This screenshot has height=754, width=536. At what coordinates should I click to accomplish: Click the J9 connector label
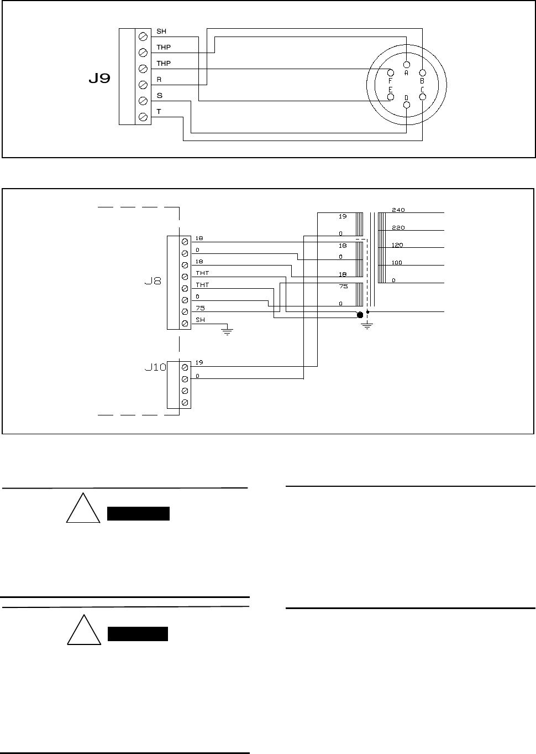click(99, 79)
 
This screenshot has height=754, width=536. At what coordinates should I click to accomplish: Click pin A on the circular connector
click(407, 64)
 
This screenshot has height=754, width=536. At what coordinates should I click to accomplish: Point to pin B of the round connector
click(423, 72)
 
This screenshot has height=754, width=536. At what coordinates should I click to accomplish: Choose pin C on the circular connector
click(423, 97)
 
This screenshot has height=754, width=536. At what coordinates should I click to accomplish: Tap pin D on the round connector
click(407, 105)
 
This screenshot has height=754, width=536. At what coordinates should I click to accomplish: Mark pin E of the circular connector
click(391, 97)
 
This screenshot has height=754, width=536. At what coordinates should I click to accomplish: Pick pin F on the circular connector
click(391, 72)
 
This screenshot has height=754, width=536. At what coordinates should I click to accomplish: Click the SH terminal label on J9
click(161, 32)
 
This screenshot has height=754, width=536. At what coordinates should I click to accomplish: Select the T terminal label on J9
click(159, 111)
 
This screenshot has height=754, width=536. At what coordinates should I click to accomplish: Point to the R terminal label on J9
click(159, 80)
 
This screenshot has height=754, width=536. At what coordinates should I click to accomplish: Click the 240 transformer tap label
click(398, 210)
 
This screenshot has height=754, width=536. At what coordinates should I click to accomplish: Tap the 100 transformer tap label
click(397, 263)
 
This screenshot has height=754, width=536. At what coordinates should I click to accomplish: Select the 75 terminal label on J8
click(199, 308)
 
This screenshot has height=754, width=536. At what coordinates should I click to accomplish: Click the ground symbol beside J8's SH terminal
click(227, 331)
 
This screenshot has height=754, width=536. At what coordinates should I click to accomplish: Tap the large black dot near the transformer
click(360, 315)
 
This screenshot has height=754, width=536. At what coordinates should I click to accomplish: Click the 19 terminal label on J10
click(199, 362)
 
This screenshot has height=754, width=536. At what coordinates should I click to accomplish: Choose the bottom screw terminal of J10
click(185, 402)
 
